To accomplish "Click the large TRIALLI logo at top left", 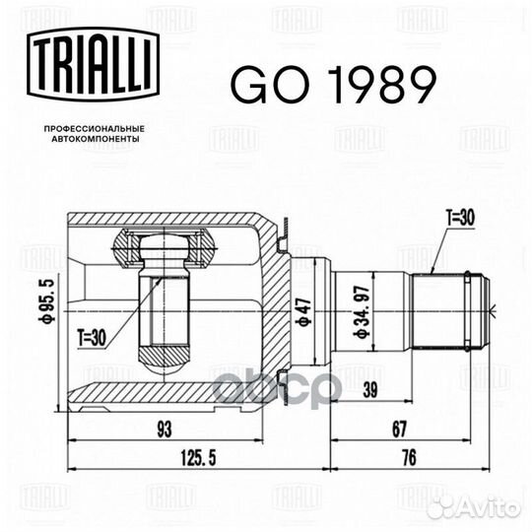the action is (94, 65).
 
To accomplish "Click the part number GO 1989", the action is (333, 85).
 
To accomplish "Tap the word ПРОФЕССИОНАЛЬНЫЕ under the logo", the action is (95, 129).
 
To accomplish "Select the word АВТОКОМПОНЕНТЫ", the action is (95, 139).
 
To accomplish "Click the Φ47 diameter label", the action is (304, 312).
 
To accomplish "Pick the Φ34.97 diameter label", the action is (362, 312).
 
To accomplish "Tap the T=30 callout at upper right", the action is (461, 218).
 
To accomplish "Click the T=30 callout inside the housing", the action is (92, 338).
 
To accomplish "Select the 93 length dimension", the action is (165, 430).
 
